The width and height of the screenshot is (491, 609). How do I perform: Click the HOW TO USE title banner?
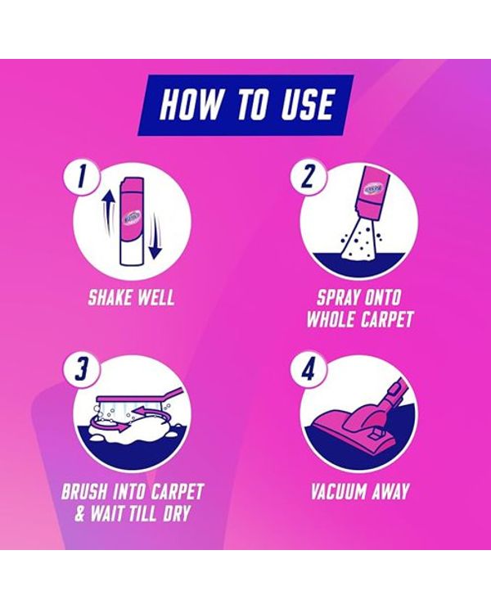(x=245, y=106)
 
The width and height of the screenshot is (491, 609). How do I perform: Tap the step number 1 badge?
(x=80, y=178)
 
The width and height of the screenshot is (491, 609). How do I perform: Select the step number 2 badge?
(x=307, y=178)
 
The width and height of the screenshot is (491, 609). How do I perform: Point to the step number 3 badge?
(x=80, y=369)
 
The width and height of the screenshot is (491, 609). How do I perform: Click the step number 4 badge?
(x=307, y=369)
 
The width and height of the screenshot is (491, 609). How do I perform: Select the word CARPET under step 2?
(x=385, y=320)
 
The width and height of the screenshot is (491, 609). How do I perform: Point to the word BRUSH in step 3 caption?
(x=83, y=491)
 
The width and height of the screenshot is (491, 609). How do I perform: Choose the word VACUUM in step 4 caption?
(x=338, y=491)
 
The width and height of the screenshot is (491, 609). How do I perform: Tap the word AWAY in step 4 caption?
(x=390, y=491)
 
